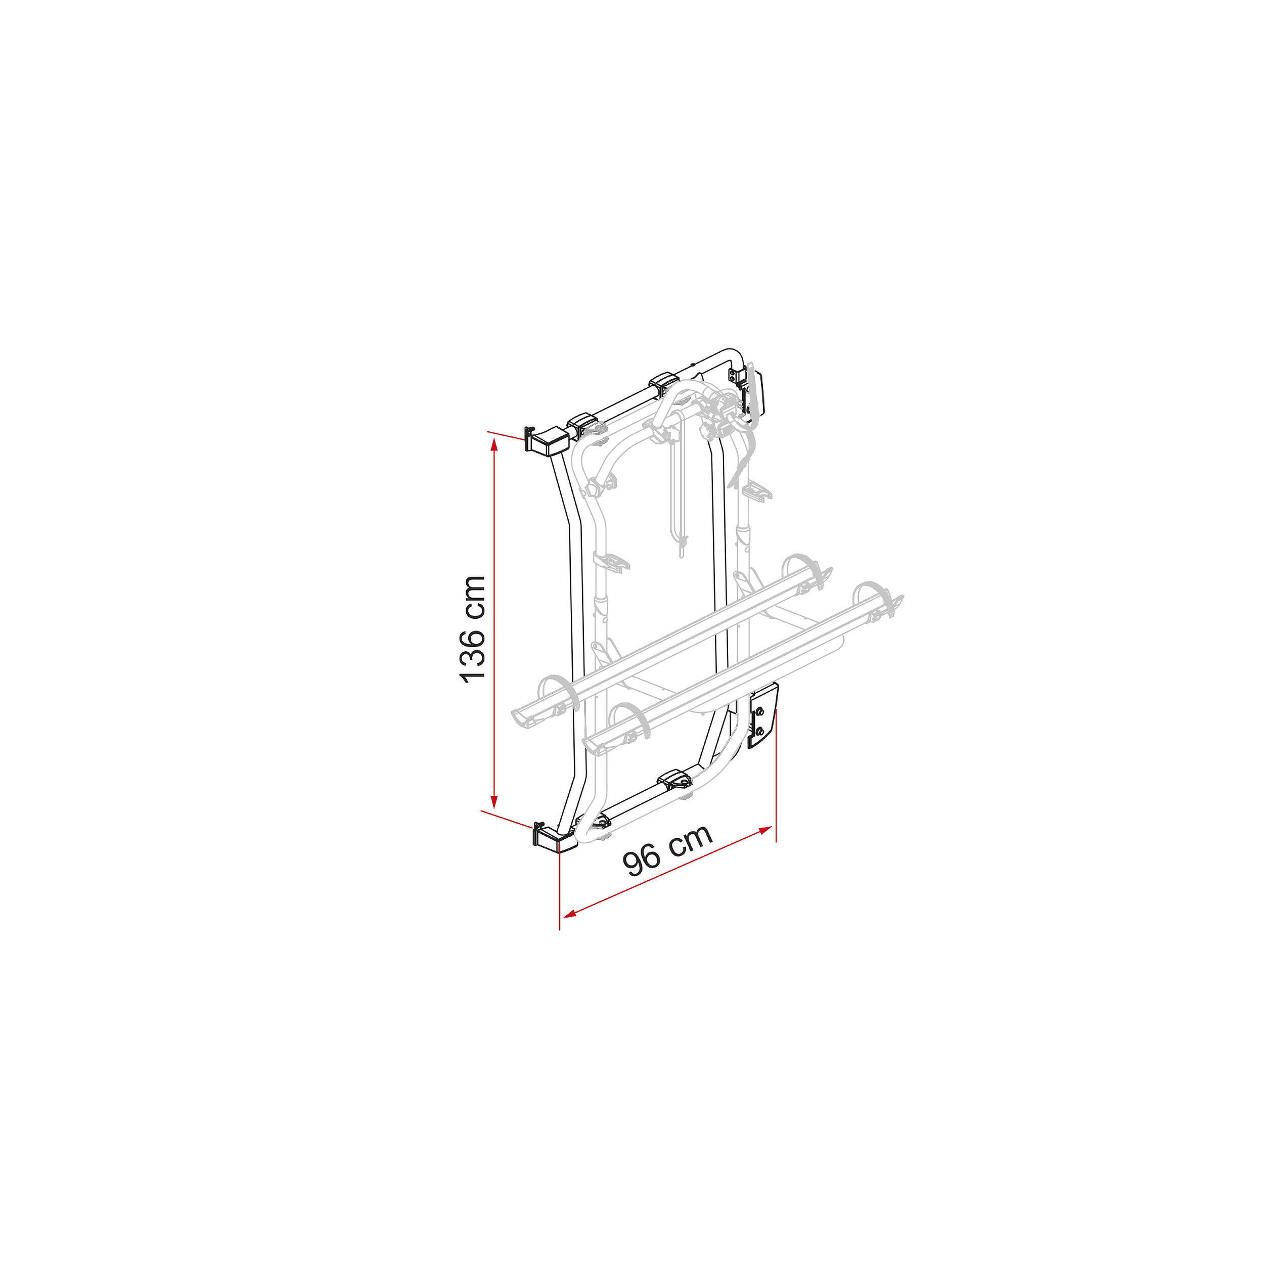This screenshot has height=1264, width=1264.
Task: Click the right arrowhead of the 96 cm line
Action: click(x=765, y=830)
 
